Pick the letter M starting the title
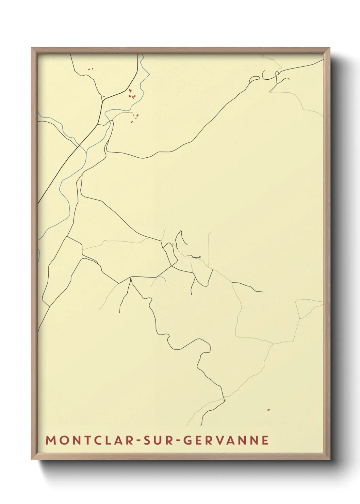(50, 440)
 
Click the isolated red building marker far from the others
(268, 410)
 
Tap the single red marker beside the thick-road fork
(104, 96)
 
